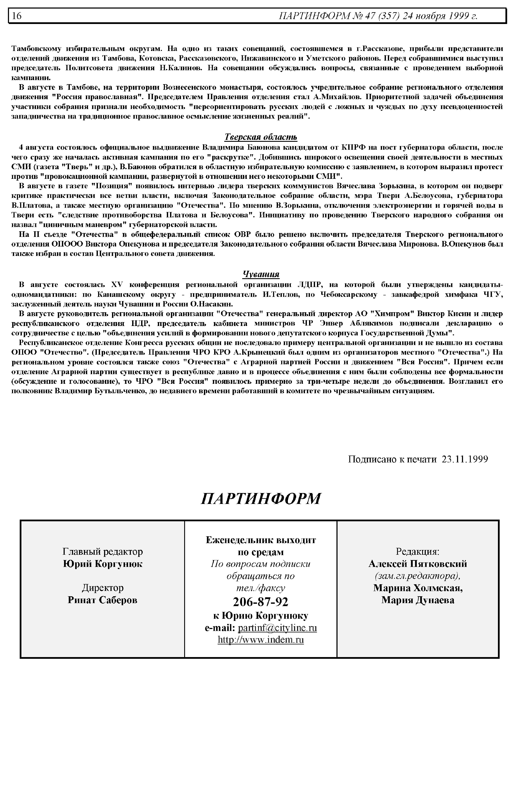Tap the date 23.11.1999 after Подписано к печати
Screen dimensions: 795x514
pyautogui.click(x=465, y=459)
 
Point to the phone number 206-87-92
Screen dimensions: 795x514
pyautogui.click(x=260, y=602)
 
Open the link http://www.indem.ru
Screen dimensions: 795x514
pyautogui.click(x=260, y=640)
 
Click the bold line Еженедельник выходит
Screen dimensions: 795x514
pyautogui.click(x=261, y=540)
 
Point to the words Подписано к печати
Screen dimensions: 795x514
pyautogui.click(x=392, y=459)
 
